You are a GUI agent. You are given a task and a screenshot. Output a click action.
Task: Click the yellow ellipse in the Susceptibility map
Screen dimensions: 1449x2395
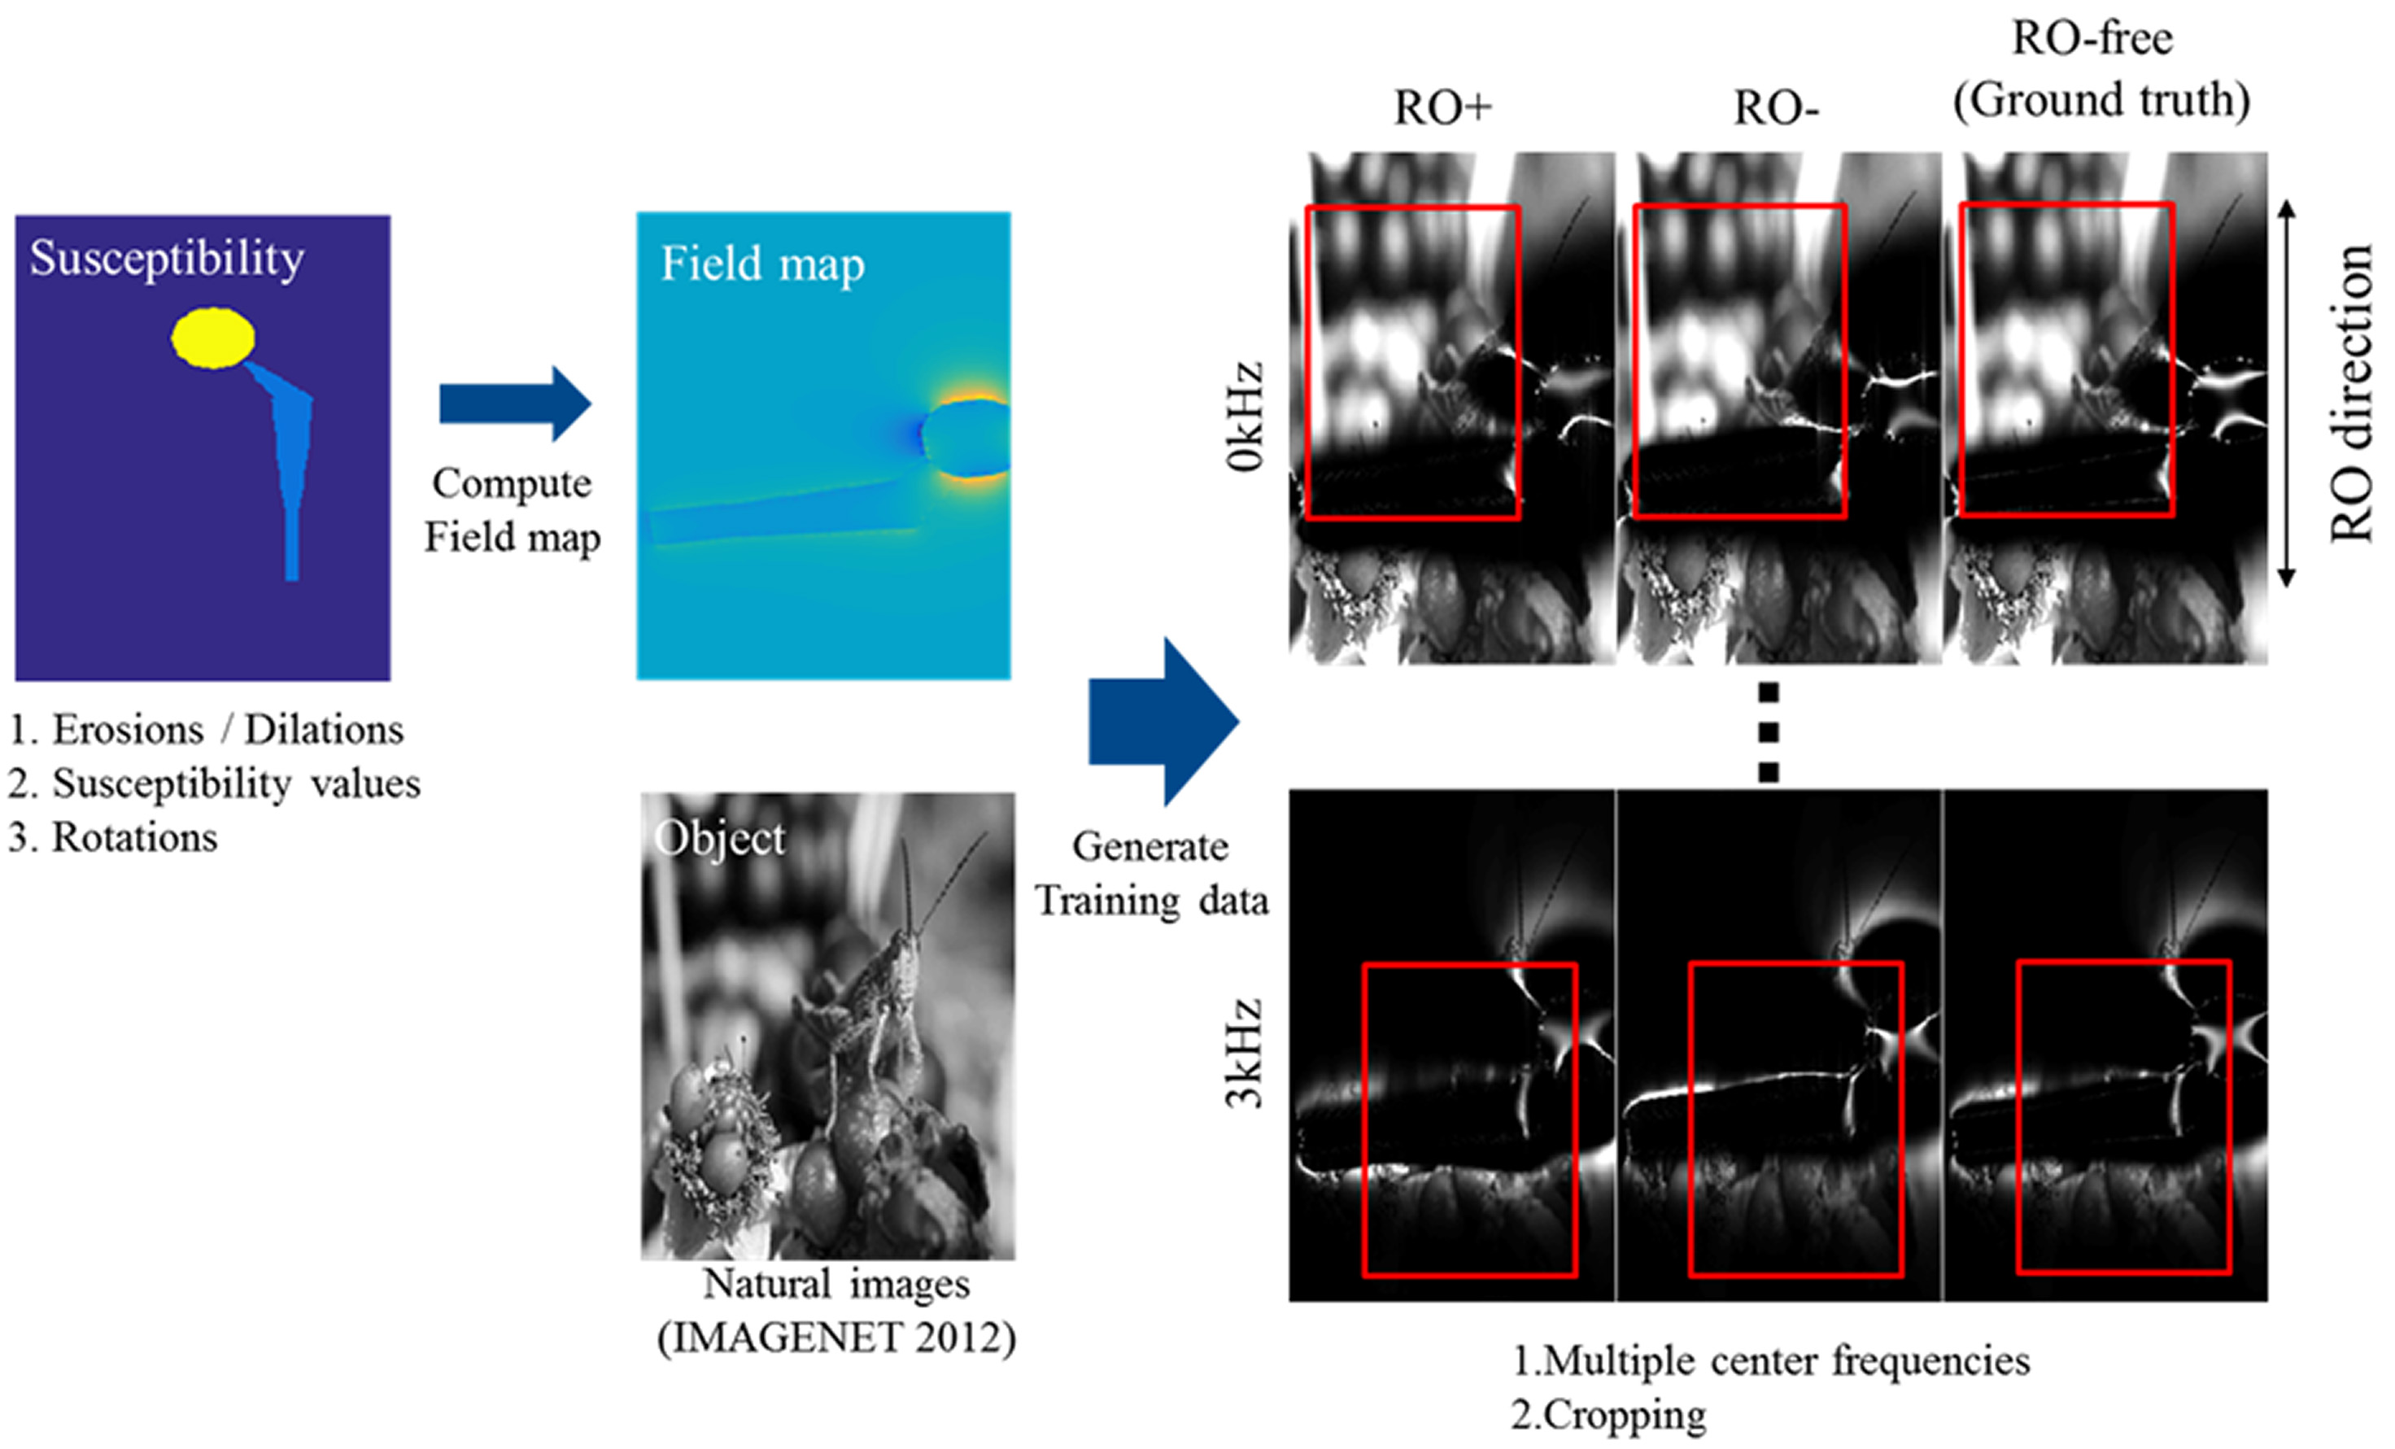(x=213, y=337)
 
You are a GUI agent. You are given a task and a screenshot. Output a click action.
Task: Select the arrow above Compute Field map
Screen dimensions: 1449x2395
(x=515, y=404)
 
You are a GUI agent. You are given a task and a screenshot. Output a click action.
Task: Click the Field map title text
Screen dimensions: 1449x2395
(x=762, y=264)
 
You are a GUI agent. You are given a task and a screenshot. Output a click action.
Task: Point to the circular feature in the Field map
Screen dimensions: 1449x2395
(x=965, y=439)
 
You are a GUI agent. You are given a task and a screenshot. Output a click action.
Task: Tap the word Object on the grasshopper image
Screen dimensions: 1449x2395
(x=719, y=838)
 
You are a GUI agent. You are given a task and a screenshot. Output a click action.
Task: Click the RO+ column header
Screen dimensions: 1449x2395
(x=1442, y=108)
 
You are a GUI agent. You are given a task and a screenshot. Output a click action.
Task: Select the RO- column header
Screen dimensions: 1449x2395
(x=1775, y=108)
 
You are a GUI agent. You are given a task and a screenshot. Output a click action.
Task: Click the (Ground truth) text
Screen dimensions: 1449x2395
(x=2101, y=100)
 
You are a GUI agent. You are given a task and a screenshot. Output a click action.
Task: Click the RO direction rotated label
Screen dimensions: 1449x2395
(x=2351, y=394)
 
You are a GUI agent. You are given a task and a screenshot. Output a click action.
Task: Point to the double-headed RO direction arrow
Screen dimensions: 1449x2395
(x=2286, y=393)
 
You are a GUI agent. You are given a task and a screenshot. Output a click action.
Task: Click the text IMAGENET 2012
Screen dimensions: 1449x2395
(x=837, y=1338)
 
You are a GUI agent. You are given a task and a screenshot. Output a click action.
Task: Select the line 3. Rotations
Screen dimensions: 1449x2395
(x=114, y=836)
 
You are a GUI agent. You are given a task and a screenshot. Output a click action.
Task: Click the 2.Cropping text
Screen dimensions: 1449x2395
(x=1608, y=1415)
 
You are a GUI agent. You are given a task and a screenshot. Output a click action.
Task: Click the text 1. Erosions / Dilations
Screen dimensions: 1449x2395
(x=207, y=729)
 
